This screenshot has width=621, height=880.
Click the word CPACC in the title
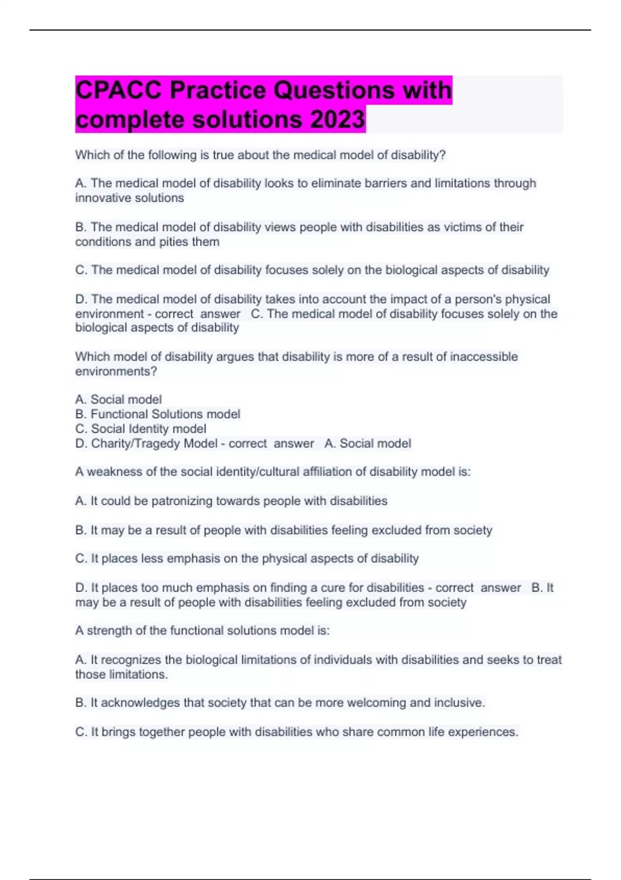(119, 90)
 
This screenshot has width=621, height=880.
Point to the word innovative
(101, 198)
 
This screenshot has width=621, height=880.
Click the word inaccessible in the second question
(484, 357)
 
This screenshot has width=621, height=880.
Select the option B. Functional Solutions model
(158, 414)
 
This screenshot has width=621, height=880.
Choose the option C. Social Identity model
(141, 429)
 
